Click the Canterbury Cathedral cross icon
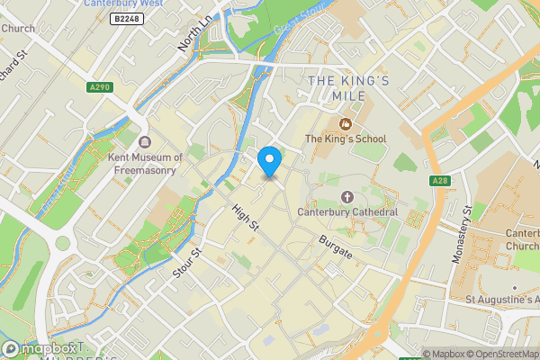(347, 197)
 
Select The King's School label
(345, 139)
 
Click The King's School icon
(345, 123)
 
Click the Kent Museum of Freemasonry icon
(145, 142)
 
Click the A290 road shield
(99, 86)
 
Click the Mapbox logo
(36, 348)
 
